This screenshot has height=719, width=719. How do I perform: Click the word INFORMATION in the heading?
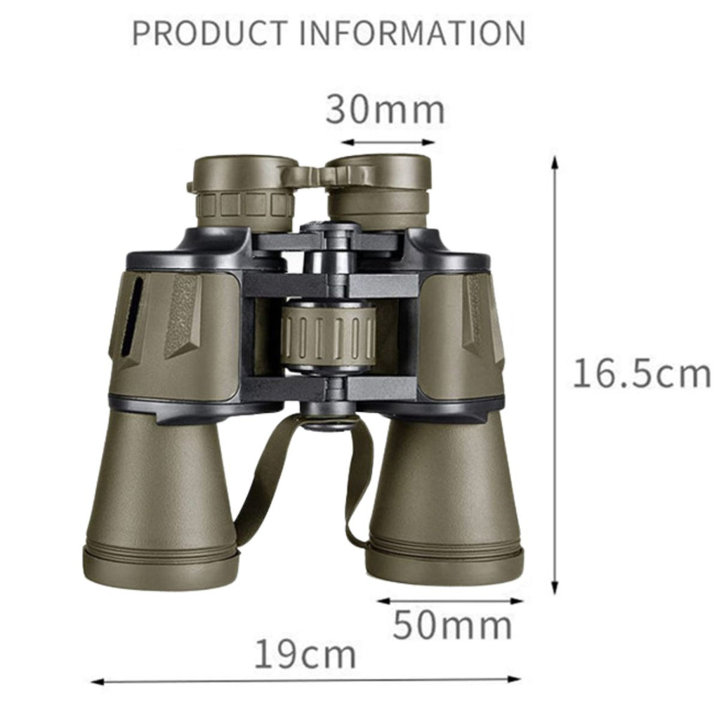click(412, 33)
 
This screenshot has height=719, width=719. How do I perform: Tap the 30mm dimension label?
click(385, 110)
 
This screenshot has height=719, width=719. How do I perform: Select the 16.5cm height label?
click(642, 374)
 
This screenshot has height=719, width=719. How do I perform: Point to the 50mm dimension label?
click(452, 625)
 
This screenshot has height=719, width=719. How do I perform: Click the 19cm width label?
click(305, 654)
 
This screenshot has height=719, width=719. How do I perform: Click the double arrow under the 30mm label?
click(388, 142)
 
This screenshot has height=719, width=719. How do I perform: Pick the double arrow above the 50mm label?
click(450, 601)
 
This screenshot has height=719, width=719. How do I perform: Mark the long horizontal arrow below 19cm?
click(306, 680)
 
